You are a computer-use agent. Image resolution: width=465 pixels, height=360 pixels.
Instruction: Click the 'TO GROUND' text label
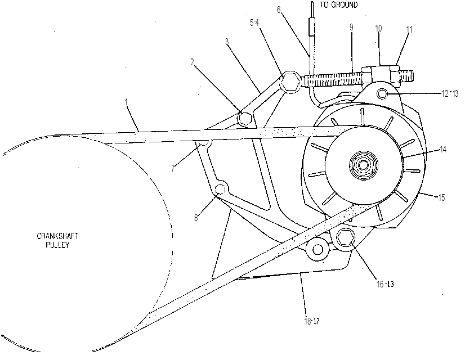(x=339, y=4)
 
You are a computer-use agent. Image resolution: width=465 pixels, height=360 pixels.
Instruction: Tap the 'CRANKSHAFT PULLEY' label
(x=57, y=240)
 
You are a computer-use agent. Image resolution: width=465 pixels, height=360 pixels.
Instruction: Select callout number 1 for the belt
(x=126, y=102)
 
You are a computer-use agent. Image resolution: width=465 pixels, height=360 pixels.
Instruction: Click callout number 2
(x=192, y=62)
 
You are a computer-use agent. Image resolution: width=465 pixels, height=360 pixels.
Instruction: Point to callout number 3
(x=227, y=42)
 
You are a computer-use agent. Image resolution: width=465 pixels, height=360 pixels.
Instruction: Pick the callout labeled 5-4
(x=254, y=23)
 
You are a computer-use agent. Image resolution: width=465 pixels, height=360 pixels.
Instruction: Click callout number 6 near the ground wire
(x=279, y=10)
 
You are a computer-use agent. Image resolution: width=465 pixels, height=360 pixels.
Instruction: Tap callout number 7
(x=173, y=168)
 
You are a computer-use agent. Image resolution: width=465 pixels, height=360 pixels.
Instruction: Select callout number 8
(x=196, y=218)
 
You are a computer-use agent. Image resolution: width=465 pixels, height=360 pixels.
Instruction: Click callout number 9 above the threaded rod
(x=351, y=27)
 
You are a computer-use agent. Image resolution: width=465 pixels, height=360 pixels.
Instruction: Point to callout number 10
(x=378, y=29)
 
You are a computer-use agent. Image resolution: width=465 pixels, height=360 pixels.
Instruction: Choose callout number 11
(x=409, y=30)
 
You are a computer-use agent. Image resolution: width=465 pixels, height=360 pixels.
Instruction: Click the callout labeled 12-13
(x=450, y=93)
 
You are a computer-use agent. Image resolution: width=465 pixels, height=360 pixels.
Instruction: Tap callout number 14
(x=442, y=149)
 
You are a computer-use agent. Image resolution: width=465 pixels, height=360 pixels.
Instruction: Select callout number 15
(x=441, y=197)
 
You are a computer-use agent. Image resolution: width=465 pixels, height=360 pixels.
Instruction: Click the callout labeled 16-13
(x=385, y=284)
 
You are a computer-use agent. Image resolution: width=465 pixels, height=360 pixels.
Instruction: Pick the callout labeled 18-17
(x=312, y=321)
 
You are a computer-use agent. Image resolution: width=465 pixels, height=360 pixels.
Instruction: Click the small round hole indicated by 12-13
(x=382, y=94)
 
